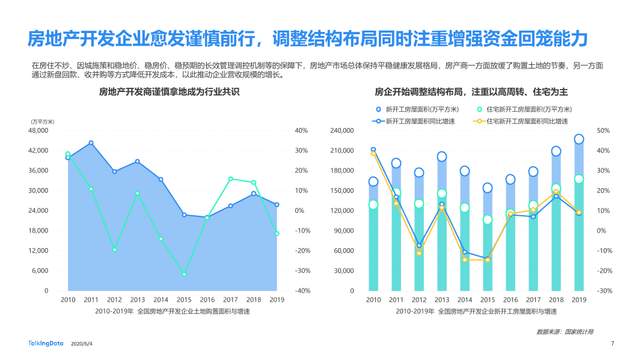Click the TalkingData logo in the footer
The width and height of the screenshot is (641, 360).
click(46, 343)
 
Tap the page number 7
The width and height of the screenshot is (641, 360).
click(612, 344)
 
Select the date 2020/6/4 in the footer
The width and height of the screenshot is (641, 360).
click(82, 344)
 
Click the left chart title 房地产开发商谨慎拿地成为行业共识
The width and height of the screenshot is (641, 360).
click(169, 92)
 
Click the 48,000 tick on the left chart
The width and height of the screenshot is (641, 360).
click(38, 130)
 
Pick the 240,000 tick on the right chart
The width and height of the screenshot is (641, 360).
click(342, 130)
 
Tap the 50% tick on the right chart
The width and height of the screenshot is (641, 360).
click(603, 130)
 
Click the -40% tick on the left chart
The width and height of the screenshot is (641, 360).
click(301, 291)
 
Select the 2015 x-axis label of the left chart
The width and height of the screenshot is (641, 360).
click(184, 299)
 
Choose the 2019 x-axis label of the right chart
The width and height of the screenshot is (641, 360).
click(578, 299)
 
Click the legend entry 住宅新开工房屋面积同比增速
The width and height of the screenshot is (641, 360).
click(521, 121)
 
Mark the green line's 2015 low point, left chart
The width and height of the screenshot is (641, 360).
click(184, 274)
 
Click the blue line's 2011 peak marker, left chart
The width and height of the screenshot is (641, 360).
click(91, 143)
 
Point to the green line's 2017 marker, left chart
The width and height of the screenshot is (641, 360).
click(230, 178)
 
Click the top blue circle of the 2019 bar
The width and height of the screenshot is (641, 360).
click(578, 139)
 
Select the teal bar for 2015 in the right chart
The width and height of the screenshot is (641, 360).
click(488, 255)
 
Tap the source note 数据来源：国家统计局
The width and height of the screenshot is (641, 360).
click(565, 331)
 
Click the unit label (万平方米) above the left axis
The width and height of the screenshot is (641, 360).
click(42, 121)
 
